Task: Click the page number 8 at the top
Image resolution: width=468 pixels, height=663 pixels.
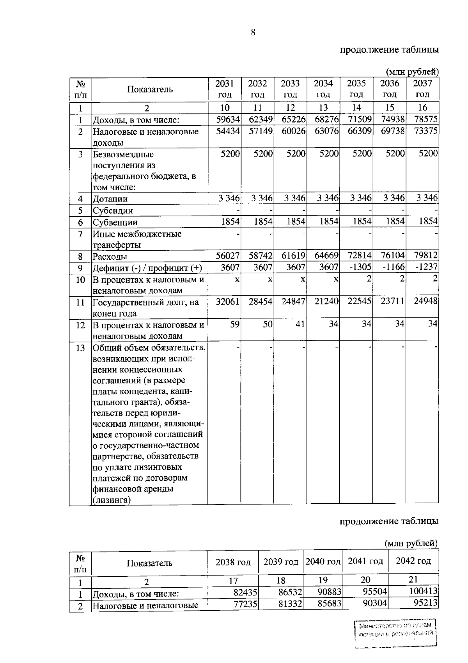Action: [253, 33]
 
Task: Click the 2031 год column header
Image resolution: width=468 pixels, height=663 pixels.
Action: [224, 89]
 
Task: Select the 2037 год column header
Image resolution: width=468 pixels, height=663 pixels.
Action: [422, 89]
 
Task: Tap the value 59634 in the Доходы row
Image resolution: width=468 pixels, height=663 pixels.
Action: [228, 119]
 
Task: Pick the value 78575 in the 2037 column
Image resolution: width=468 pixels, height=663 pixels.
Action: [426, 119]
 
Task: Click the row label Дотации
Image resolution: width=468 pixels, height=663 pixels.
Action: [110, 199]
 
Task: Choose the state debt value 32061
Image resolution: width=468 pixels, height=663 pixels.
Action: [228, 301]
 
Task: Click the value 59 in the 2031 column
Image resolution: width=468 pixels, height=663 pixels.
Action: [234, 324]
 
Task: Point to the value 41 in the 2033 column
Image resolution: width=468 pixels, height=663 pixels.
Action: [300, 324]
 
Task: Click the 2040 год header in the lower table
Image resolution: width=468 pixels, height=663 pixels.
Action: [323, 561]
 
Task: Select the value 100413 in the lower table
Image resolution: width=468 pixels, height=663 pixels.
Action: [423, 592]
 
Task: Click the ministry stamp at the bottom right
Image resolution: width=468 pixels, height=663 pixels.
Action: [396, 634]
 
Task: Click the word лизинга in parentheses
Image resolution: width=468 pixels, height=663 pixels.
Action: [111, 500]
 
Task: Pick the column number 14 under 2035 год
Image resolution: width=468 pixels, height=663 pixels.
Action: [356, 108]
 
